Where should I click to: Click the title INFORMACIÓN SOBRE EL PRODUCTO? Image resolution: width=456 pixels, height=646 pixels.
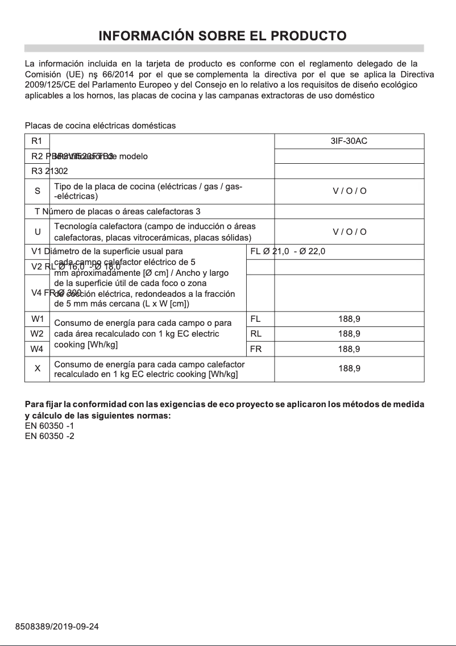point(223,36)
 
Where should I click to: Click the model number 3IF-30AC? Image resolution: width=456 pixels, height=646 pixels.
point(349,141)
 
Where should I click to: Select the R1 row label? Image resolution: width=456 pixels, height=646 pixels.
point(37,141)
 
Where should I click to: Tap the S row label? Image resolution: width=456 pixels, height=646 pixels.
point(37,191)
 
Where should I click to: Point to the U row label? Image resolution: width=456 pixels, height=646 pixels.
point(37,231)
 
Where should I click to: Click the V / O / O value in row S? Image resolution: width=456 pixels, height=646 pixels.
point(349,191)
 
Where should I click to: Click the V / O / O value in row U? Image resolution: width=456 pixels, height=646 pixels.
point(349,231)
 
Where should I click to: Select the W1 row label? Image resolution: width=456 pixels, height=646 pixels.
point(37,319)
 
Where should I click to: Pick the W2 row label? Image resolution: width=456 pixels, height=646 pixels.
point(37,334)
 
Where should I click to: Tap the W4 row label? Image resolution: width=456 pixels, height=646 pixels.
point(37,349)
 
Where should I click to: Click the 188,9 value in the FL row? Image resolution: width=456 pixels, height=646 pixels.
point(349,319)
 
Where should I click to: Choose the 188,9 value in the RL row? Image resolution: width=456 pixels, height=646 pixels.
point(349,334)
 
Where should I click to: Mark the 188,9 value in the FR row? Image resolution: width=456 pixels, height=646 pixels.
point(349,349)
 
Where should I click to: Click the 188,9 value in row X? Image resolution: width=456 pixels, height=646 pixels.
point(349,368)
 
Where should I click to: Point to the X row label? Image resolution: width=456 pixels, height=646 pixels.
point(37,368)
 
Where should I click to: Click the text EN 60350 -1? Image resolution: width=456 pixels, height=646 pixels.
point(49,425)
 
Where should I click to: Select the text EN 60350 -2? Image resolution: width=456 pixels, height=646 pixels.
point(49,436)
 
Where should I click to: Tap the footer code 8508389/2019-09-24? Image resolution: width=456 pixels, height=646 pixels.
point(57,627)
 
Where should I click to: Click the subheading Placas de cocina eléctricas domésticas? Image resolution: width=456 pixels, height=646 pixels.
point(100,125)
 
